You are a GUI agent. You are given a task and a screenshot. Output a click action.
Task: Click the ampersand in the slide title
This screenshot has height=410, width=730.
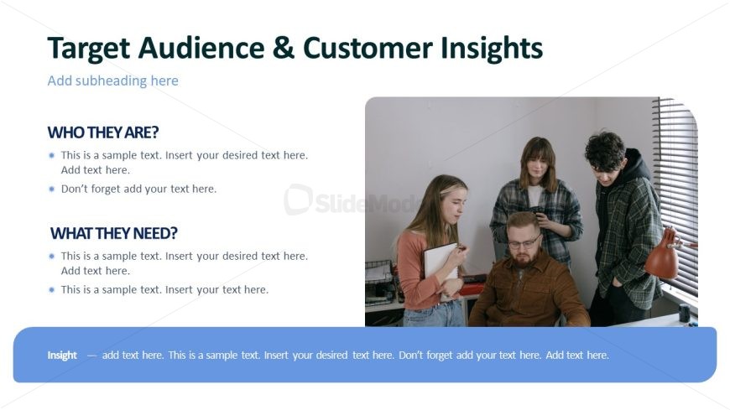coord(284,48)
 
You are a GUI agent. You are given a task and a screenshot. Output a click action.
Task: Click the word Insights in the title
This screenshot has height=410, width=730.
coord(492,49)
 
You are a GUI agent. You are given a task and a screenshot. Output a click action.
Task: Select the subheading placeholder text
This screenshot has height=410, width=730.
coord(112,81)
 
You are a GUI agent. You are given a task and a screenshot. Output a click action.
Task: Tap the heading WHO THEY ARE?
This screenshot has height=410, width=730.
coord(103,132)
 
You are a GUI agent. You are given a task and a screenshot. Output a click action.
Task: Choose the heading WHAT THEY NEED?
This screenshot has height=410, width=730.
coord(114,233)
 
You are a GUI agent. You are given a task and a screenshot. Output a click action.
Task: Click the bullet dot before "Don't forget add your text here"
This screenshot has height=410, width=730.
coord(52,189)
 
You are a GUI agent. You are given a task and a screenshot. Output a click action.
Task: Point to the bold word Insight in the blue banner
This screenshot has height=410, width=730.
coord(62,356)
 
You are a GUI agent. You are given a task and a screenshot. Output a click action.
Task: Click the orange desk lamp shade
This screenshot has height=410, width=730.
coord(661,256)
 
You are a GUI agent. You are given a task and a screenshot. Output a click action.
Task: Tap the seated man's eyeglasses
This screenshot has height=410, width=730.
coord(524,242)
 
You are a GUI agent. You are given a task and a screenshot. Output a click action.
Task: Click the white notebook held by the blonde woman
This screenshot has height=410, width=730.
coord(439,265)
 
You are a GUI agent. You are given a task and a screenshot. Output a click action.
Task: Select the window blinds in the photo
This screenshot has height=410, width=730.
coord(678,195)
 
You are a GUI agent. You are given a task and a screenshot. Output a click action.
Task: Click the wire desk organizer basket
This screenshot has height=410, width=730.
coord(379,281)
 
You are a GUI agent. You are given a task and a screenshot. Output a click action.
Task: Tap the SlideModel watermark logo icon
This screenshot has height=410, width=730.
coord(298,200)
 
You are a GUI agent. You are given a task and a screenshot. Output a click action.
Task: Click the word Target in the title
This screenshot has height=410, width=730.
coord(88,49)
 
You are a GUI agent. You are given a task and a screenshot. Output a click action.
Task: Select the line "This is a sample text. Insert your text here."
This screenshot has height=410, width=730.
coord(164,289)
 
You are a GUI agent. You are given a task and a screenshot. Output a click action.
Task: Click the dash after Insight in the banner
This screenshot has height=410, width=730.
coord(91,356)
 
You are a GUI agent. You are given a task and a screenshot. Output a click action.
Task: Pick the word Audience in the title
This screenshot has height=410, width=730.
coord(201,48)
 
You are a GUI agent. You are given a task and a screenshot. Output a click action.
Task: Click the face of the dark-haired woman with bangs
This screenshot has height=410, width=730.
coord(537,165)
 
